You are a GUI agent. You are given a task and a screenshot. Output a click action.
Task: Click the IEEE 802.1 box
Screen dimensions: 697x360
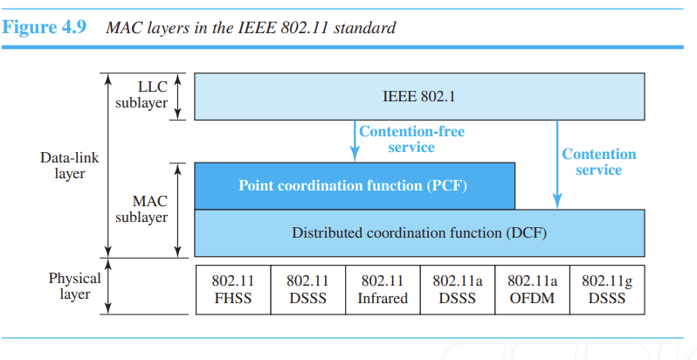[419, 96]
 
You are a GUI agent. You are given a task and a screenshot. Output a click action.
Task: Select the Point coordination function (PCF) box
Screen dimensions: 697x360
[355, 186]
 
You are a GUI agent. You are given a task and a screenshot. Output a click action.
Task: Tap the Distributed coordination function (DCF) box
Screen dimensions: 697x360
[419, 233]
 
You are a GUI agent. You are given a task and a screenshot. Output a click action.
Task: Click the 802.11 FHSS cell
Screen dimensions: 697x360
[233, 290]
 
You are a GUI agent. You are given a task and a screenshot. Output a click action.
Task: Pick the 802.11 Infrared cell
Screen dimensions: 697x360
[383, 290]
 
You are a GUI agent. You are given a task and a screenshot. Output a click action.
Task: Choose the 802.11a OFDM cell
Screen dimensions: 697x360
[532, 290]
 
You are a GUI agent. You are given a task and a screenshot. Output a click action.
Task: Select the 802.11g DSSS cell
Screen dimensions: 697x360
[607, 290]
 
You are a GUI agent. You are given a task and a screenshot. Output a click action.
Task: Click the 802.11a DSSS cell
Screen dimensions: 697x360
[458, 290]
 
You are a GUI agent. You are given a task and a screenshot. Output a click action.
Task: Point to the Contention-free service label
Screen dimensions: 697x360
[411, 139]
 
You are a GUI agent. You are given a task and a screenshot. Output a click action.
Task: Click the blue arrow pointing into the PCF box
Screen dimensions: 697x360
[355, 141]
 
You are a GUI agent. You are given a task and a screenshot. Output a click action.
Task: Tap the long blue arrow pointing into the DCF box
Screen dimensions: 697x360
[557, 164]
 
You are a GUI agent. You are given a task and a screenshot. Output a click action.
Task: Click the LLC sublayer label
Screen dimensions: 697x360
[141, 95]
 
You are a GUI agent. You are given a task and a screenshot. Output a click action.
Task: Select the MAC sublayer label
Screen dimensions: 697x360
[141, 210]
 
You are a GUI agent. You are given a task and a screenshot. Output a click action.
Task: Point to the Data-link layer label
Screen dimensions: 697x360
[70, 165]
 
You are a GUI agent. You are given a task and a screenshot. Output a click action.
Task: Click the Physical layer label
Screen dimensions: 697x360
[75, 287]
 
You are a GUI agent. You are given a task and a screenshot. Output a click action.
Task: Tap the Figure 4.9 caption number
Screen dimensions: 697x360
[44, 28]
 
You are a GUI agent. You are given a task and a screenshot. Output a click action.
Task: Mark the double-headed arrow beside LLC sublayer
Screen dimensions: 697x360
[177, 96]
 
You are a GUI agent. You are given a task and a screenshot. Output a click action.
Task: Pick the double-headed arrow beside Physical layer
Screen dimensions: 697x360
[108, 287]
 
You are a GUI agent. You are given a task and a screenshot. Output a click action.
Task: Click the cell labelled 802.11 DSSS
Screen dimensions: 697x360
[308, 290]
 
